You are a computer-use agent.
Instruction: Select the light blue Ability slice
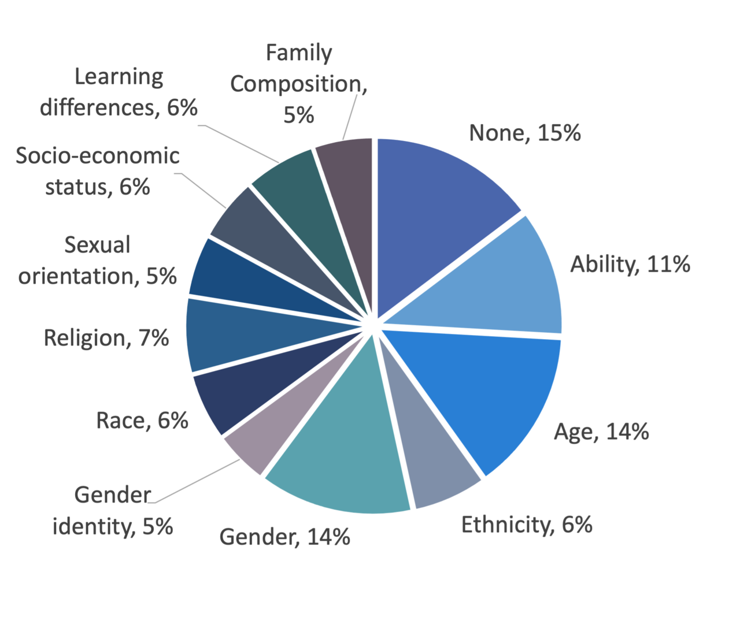pos(497,283)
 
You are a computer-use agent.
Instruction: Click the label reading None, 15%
pos(524,133)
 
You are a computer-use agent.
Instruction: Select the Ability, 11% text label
pos(630,264)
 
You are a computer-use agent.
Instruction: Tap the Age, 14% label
pos(601,432)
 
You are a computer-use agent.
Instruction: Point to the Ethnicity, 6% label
pos(527,525)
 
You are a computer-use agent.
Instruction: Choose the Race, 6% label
pos(142,420)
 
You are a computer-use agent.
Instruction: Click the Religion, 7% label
pos(106,337)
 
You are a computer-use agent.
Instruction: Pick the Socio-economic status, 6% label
pos(98,171)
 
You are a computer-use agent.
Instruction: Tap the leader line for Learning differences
pos(243,144)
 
